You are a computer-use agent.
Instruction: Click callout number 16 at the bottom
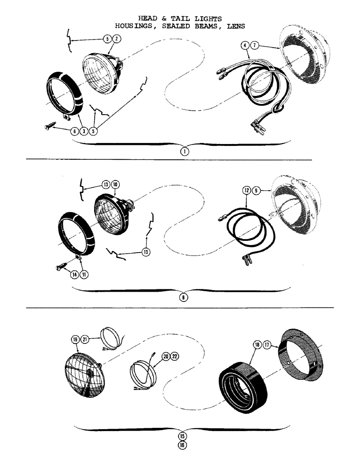point(182,445)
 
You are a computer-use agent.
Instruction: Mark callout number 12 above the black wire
point(246,190)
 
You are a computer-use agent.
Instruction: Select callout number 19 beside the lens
point(75,340)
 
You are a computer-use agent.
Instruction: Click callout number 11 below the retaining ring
point(84,274)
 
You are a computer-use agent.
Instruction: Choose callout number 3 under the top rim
point(83,131)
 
